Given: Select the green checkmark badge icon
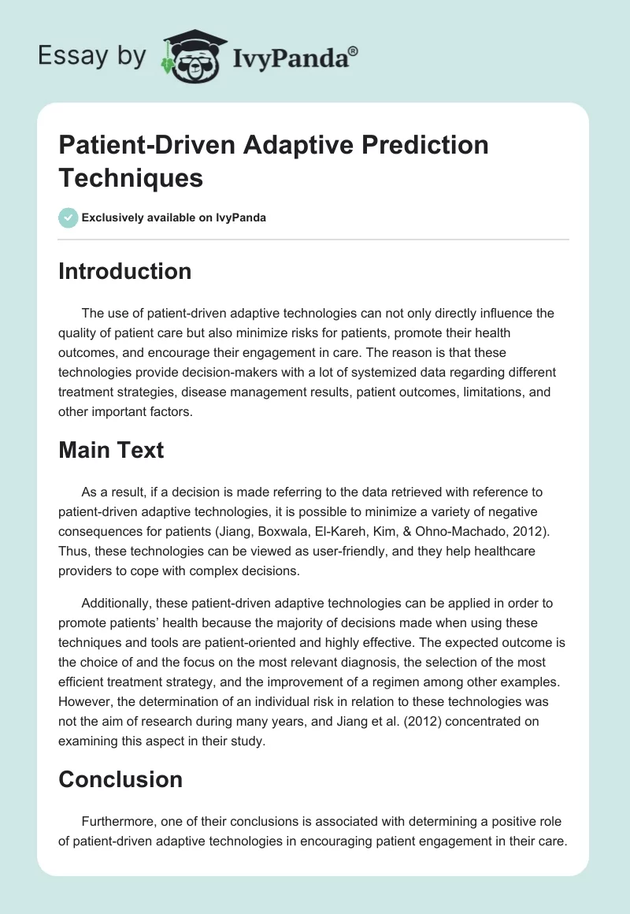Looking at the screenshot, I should point(69,217).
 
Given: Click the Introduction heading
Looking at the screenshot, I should point(125,271).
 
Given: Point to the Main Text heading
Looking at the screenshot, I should point(111,450).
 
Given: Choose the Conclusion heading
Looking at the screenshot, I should point(120,779).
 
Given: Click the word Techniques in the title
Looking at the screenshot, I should point(131,177).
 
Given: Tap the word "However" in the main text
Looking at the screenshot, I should point(86,701).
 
